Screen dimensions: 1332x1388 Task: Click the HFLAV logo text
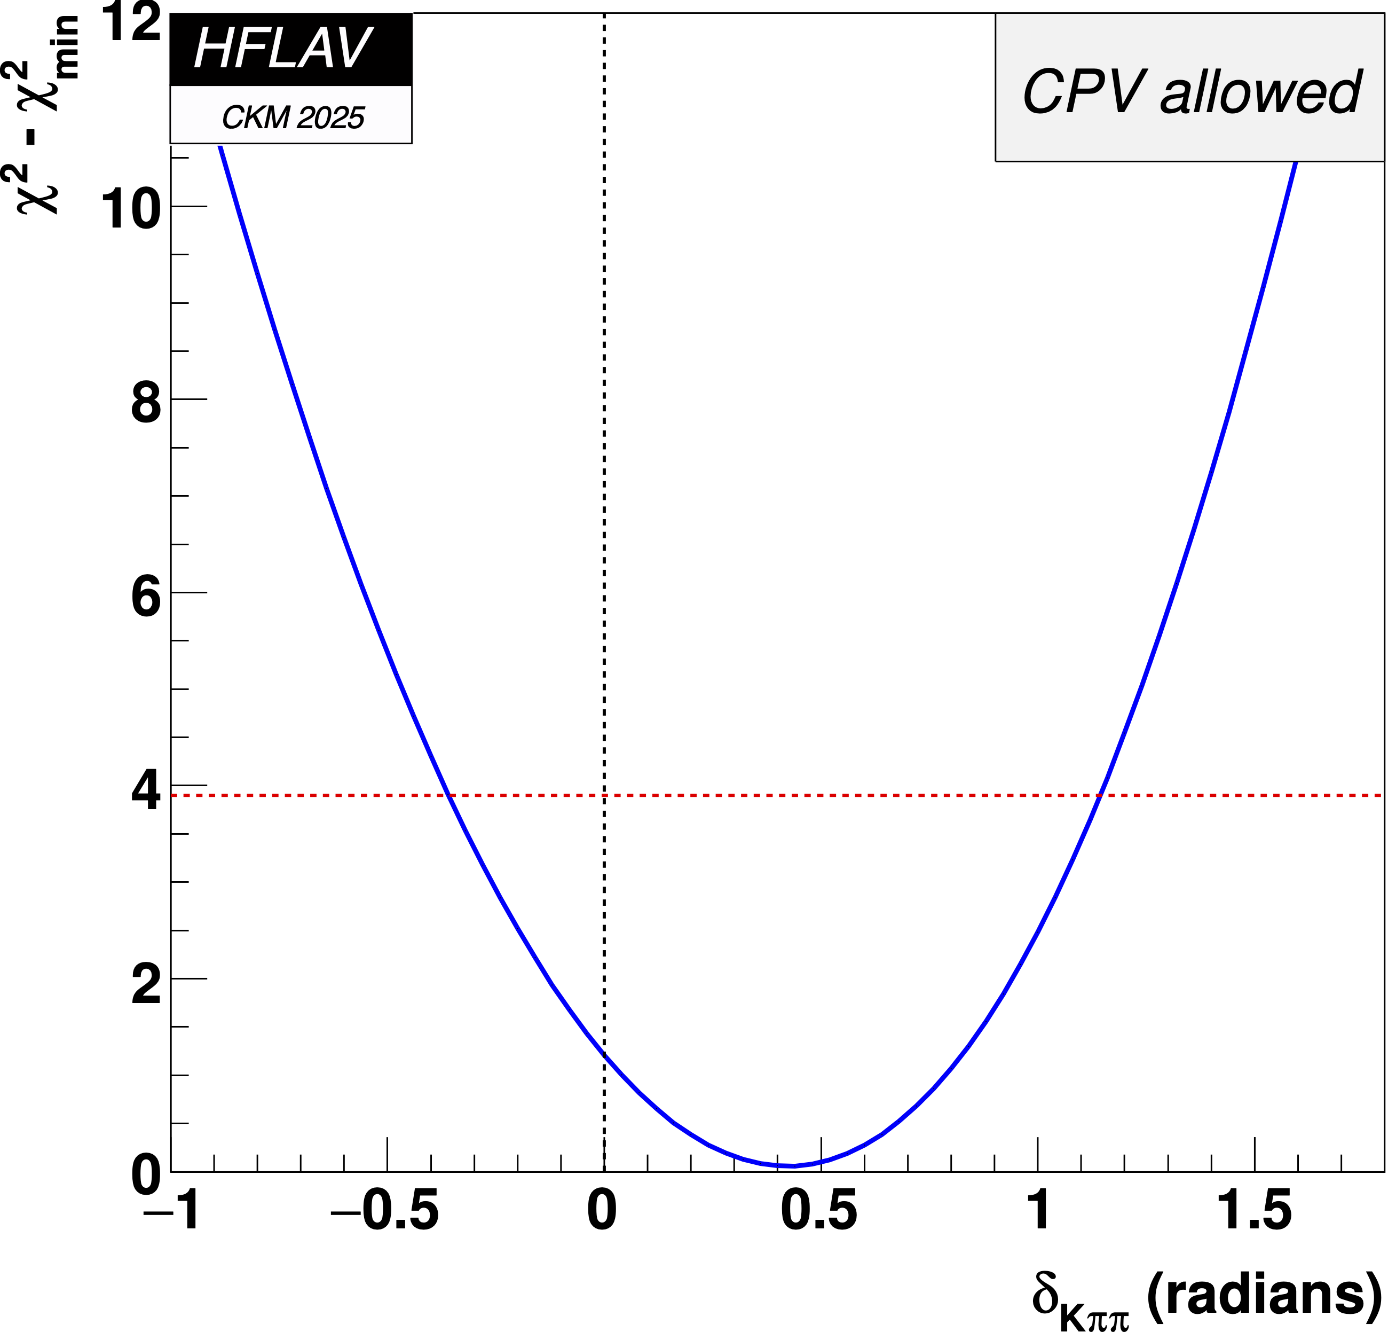coord(282,48)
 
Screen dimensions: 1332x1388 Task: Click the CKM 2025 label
coord(293,117)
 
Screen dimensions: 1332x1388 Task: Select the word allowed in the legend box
coord(1260,92)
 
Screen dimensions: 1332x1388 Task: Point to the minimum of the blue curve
coord(793,1165)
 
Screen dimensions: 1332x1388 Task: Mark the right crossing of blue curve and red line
coord(1100,796)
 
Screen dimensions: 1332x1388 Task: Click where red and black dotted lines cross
coord(604,796)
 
